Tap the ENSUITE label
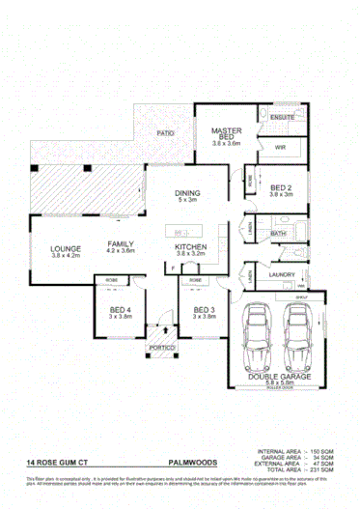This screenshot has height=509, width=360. [282, 117]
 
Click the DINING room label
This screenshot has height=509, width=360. [186, 194]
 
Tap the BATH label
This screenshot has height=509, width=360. [276, 234]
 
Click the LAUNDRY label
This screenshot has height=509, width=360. [282, 274]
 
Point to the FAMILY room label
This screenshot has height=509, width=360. [121, 244]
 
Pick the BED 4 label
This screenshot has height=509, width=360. [119, 309]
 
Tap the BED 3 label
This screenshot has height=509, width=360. [202, 309]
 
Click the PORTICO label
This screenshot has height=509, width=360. [160, 347]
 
